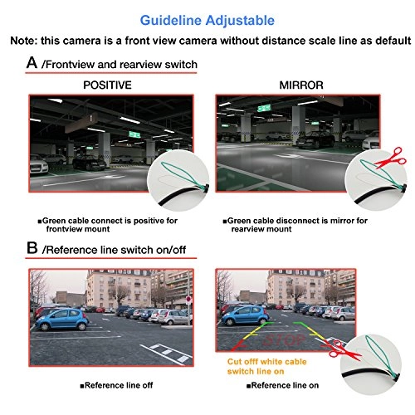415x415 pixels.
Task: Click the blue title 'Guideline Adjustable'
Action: coord(207,18)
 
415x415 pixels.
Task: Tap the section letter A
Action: coord(32,63)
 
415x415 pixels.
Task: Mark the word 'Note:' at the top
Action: coord(26,41)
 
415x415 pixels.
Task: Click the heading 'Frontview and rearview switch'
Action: coord(120,64)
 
